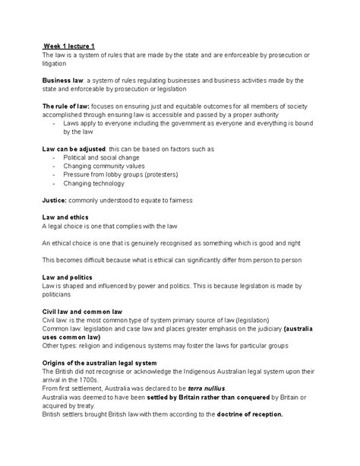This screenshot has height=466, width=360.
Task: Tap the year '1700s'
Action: (x=88, y=379)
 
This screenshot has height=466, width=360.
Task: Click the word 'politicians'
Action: (x=59, y=294)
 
